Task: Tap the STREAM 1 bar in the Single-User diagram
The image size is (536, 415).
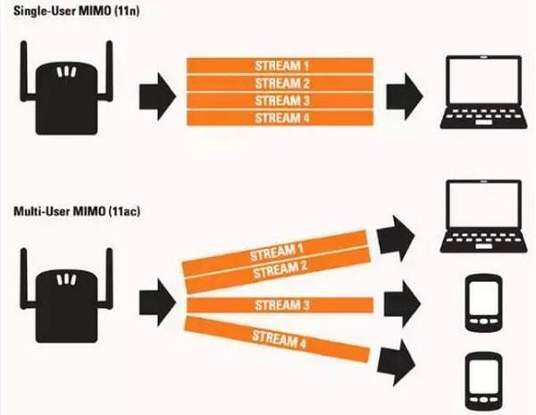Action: tap(280, 65)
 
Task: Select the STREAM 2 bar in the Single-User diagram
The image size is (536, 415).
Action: tap(280, 82)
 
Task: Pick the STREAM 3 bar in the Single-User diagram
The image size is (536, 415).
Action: tap(280, 100)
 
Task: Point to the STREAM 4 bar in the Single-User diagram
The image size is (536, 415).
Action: tap(280, 117)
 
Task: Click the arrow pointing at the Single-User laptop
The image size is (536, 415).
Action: tap(404, 91)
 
